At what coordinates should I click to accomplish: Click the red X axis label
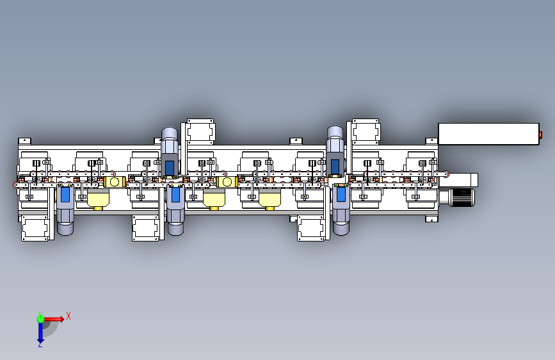pyautogui.click(x=68, y=316)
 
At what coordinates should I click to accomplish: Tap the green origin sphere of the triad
pyautogui.click(x=40, y=319)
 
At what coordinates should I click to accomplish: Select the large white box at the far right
pyautogui.click(x=488, y=134)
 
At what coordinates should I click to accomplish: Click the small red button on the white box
pyautogui.click(x=540, y=135)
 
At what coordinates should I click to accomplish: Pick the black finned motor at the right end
pyautogui.click(x=461, y=197)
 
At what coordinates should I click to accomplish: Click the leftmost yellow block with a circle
pyautogui.click(x=115, y=182)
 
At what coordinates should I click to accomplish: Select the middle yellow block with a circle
pyautogui.click(x=227, y=182)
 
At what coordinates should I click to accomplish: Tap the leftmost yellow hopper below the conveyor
pyautogui.click(x=98, y=199)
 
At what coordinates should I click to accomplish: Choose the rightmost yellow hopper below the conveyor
pyautogui.click(x=269, y=199)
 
